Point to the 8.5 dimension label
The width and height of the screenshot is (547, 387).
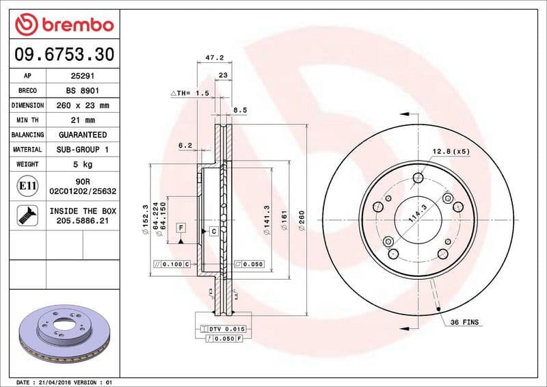[241, 109]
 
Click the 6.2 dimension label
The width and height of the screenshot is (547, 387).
[185, 145]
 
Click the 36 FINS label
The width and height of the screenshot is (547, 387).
[465, 322]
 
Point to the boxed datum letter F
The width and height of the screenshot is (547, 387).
[181, 226]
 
